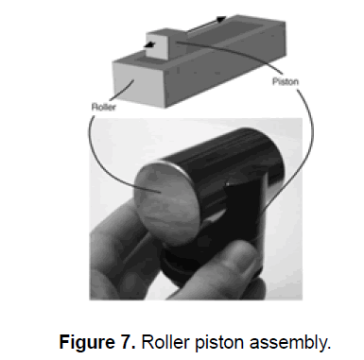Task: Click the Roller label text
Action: [x=104, y=107]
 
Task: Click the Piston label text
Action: [x=286, y=82]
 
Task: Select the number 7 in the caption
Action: [x=129, y=341]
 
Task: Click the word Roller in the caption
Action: [x=165, y=341]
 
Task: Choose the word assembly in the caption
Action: [x=290, y=343]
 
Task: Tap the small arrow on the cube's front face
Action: [x=149, y=45]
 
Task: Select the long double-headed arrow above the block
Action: [x=206, y=25]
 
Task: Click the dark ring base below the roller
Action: [x=177, y=267]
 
